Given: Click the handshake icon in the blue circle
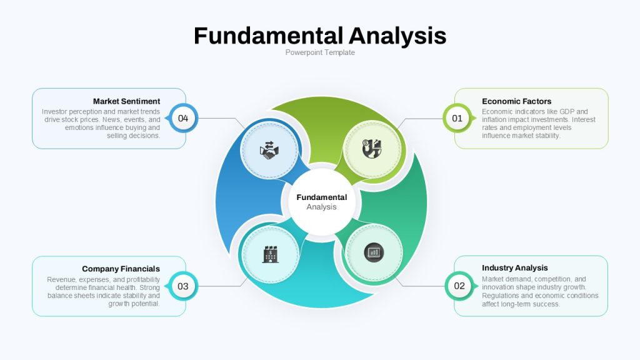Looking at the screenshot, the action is [x=269, y=151].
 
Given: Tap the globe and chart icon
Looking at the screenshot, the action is [x=372, y=149].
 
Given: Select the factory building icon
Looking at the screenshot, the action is [x=270, y=254].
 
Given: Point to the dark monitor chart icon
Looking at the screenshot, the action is [x=374, y=252].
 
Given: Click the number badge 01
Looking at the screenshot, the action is [x=457, y=118].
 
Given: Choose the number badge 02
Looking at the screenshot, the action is [x=459, y=286].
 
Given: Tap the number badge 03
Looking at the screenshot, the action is [x=183, y=286].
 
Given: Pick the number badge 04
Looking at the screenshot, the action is [x=183, y=118].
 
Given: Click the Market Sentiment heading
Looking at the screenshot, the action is [x=126, y=101].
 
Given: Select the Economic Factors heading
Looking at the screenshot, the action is [x=516, y=101].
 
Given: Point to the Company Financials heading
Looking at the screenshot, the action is [x=121, y=269].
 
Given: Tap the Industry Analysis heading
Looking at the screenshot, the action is [x=515, y=267].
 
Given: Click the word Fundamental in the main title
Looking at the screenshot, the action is [x=268, y=36].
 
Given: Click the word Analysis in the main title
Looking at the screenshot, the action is [x=397, y=36].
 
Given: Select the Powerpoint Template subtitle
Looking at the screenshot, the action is [x=320, y=52].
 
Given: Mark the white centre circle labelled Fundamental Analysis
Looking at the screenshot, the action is [x=322, y=202].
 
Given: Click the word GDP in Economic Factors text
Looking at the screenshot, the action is [x=567, y=111].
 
